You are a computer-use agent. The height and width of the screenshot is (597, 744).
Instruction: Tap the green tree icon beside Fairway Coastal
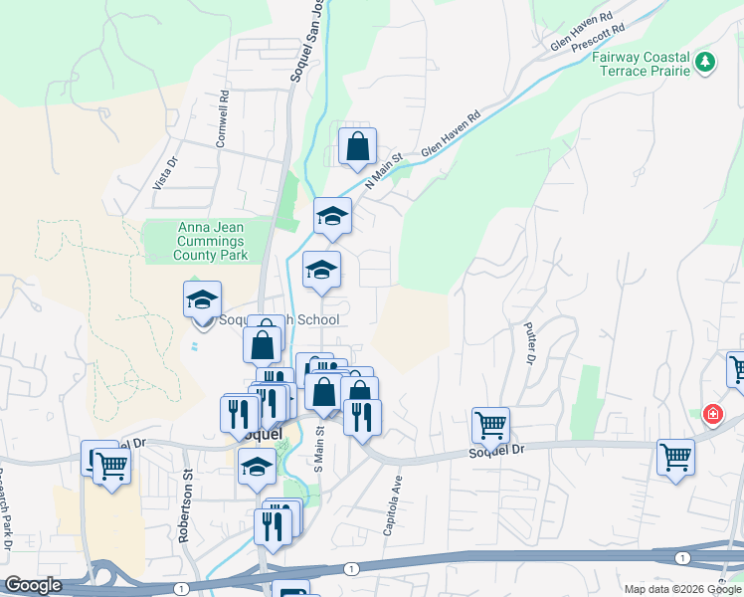point(706,62)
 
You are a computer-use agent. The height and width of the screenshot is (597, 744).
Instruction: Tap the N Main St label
point(383,171)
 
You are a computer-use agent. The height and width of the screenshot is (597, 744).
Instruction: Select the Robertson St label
point(185,507)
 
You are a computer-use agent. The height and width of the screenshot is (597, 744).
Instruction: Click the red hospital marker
point(712,414)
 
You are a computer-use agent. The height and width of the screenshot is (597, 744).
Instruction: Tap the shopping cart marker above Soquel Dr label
point(490,425)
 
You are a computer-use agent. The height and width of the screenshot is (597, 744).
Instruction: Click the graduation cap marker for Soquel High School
point(202,299)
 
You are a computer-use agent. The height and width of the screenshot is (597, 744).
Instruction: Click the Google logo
point(34,585)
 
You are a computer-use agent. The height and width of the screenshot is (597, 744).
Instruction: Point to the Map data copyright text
point(681,589)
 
